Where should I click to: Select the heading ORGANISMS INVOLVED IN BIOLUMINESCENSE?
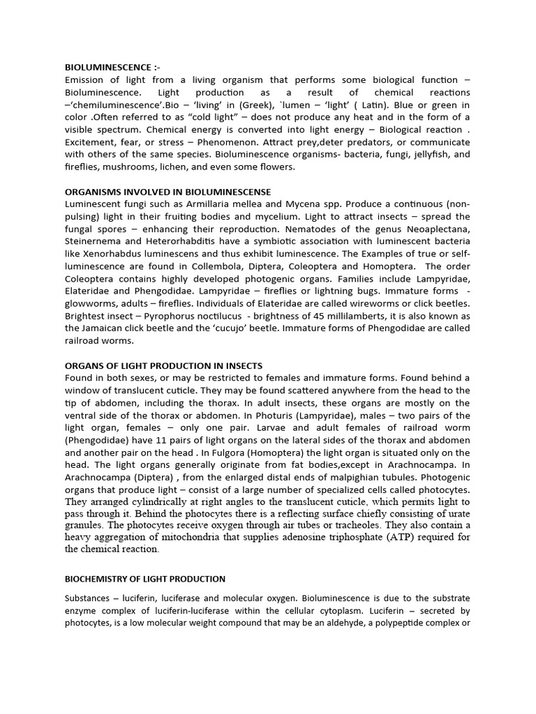point(167,192)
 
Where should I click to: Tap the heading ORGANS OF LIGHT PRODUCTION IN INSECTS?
point(164,365)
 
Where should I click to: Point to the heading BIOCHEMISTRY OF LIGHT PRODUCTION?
point(144,579)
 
